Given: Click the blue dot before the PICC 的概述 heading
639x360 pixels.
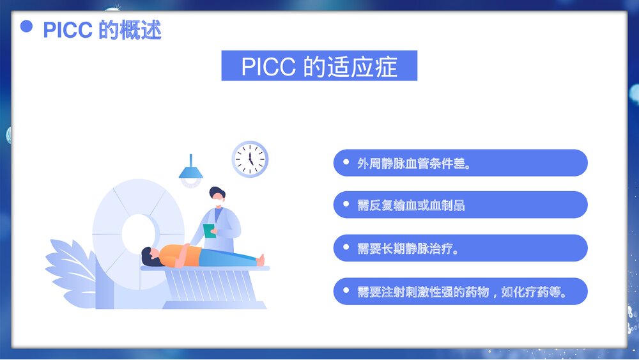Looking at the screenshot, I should point(26,26).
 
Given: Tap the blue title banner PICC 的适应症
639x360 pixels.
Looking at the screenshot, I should point(319,66).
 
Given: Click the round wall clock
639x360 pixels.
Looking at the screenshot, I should point(250,159).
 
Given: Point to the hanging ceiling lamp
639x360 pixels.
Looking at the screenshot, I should point(190,171).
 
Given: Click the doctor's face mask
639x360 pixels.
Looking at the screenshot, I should point(219,203).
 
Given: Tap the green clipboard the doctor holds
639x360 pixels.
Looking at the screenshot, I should point(209,230).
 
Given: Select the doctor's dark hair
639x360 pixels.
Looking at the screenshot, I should point(217,191).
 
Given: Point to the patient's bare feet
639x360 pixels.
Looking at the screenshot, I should point(260,259).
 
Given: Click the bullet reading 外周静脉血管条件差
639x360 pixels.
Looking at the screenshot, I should point(460,163).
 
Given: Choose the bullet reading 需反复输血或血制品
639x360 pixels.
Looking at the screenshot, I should point(460,205).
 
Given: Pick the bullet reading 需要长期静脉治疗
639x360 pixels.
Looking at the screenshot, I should point(460,248).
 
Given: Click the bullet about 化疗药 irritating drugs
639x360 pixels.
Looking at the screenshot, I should point(460,291).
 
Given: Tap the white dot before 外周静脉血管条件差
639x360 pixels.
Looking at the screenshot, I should point(346,162).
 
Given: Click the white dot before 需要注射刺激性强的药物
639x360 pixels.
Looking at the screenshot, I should point(346,291).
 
